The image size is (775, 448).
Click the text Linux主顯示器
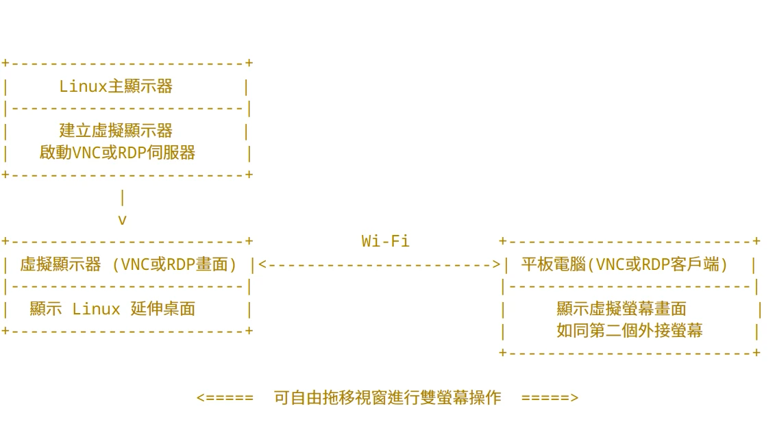(x=116, y=87)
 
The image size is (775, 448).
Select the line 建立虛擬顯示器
(x=116, y=131)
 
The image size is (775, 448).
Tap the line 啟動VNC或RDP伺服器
(x=117, y=153)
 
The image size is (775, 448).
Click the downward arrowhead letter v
(x=123, y=220)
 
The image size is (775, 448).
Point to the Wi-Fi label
(x=385, y=241)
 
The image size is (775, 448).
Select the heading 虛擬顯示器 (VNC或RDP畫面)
(x=128, y=264)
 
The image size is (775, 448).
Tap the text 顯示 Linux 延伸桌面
(x=112, y=309)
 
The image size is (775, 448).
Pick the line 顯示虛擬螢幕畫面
(x=622, y=309)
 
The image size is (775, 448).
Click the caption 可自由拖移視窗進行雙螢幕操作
(x=387, y=397)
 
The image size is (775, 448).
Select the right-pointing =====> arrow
(x=550, y=397)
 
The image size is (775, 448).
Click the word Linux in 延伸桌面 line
(x=96, y=309)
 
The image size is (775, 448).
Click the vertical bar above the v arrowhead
(x=123, y=198)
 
